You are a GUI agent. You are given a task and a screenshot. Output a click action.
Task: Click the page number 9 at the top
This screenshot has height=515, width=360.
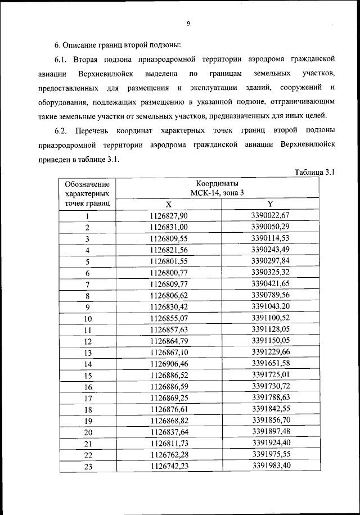point(189,23)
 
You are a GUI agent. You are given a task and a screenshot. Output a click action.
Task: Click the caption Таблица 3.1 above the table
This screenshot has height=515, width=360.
point(314,172)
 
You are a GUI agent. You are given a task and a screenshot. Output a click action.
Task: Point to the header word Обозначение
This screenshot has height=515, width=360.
point(87,184)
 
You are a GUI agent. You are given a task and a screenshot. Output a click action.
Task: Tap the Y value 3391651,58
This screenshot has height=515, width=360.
point(270,363)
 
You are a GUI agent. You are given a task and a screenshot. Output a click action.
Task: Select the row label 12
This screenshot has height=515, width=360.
point(88,341)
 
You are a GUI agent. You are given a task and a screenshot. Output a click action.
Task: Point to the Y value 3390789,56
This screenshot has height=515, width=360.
point(270,295)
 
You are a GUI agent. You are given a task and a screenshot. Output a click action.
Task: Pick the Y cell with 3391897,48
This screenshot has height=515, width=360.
point(270,432)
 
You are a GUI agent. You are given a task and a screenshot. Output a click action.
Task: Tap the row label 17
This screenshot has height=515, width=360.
point(88,399)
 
